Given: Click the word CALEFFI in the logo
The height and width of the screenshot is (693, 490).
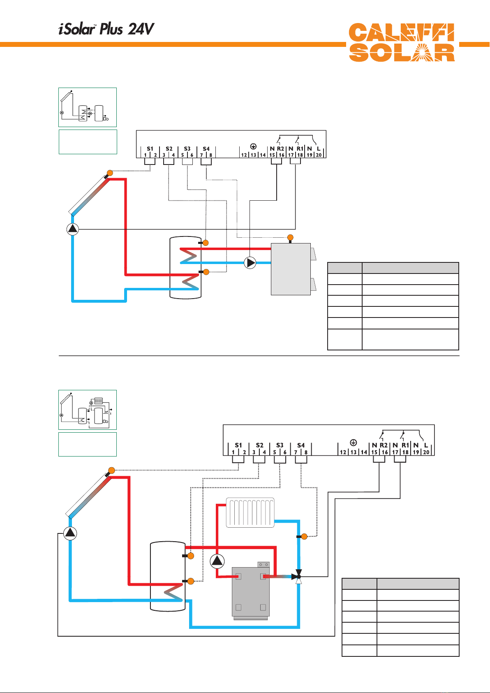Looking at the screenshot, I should (x=402, y=33).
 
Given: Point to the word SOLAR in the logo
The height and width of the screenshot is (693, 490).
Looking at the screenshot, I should (x=402, y=53).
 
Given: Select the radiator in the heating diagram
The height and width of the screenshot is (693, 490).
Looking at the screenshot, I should (x=250, y=512).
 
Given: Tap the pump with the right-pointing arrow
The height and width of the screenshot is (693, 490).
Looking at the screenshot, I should (x=250, y=263).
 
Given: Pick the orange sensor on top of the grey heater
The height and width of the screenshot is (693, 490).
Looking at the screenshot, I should (x=290, y=237).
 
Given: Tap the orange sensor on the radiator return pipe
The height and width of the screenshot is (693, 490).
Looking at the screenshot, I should (x=304, y=536).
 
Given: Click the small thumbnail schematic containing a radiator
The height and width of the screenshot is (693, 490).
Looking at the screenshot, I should (x=88, y=410).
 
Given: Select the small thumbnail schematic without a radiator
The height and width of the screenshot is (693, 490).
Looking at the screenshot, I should (x=88, y=107).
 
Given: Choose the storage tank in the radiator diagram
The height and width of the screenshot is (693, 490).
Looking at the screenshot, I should (x=168, y=576).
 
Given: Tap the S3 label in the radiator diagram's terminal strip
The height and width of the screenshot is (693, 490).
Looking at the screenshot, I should (x=280, y=445).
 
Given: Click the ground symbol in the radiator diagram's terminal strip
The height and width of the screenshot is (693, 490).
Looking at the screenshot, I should (x=353, y=443).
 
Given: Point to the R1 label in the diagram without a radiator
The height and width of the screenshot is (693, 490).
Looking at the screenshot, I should (x=300, y=148).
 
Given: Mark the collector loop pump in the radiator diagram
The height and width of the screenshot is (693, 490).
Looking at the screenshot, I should (x=70, y=533).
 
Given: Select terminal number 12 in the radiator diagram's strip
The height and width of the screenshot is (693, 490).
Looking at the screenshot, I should (x=343, y=452).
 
